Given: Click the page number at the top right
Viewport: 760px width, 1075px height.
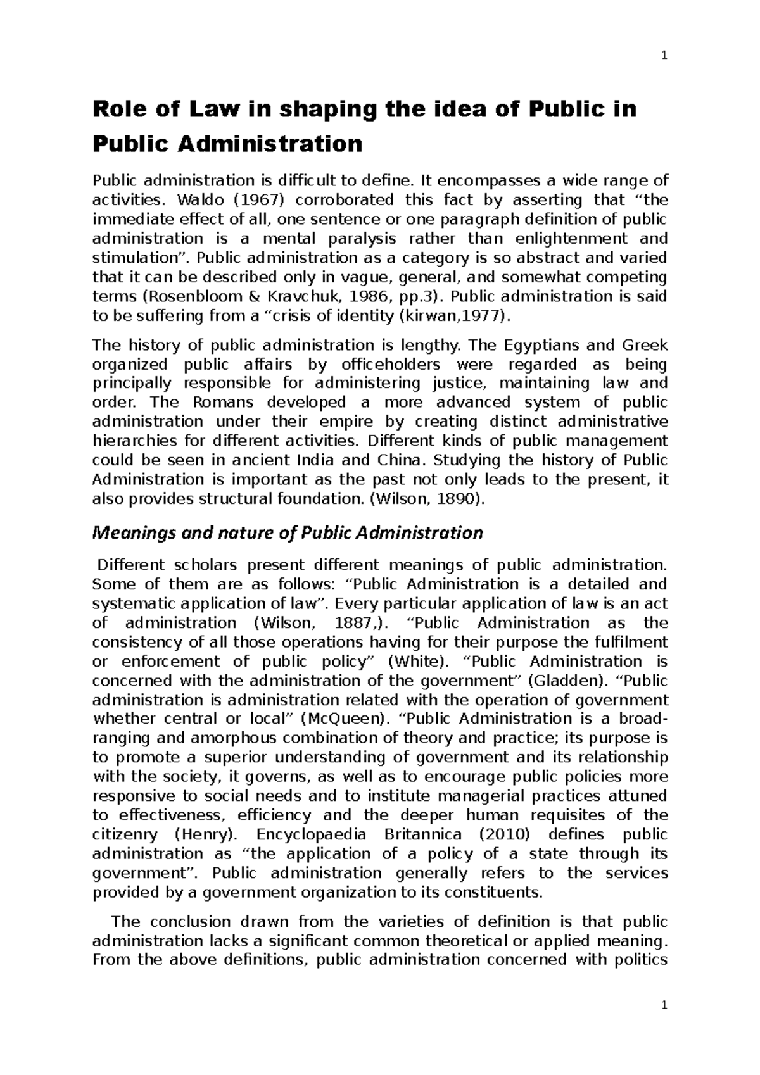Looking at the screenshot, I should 664,55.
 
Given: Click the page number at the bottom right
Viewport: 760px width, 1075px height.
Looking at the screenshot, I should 664,1006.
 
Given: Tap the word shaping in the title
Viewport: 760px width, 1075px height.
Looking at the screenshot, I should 313,111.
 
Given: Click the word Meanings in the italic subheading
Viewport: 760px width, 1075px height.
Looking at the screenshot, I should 129,533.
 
